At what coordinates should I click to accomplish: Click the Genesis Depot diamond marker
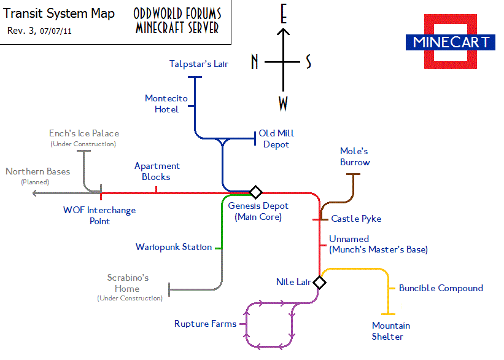pos(255,192)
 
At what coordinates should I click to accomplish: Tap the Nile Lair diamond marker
pos(319,283)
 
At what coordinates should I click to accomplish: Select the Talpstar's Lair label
pos(198,64)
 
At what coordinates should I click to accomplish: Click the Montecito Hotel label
pos(166,104)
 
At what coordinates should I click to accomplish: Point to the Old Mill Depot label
pos(276,139)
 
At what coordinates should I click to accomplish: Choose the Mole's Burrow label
pos(355,157)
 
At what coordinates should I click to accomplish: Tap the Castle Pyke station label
pos(356,219)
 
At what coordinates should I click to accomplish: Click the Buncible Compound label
pos(441,288)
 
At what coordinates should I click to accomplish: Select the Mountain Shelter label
pos(390,331)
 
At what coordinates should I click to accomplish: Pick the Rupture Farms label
pos(205,324)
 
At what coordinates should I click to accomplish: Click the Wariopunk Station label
pos(174,247)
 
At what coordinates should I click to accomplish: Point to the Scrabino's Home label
pos(128,283)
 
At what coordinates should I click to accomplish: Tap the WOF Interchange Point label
pos(99,215)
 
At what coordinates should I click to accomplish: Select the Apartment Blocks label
pos(157,171)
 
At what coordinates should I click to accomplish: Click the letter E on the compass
pos(283,15)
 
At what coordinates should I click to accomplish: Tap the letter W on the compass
pos(283,104)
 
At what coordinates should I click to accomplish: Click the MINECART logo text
pos(451,42)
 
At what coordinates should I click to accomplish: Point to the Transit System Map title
pos(59,14)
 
